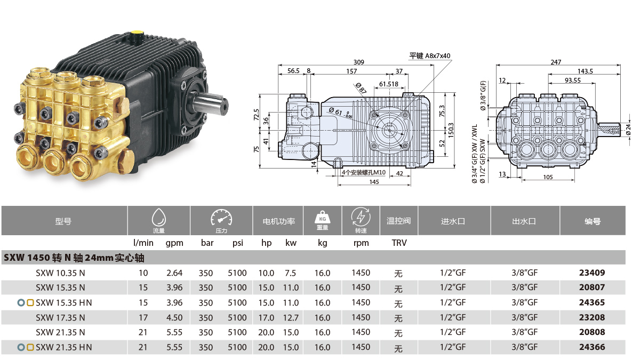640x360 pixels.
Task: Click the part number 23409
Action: pos(592,273)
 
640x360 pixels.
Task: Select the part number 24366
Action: pos(592,347)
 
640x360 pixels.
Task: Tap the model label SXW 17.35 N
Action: pos(60,317)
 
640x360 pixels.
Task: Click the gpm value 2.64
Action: pos(174,273)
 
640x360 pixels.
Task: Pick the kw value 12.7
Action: pos(291,317)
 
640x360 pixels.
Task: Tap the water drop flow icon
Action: pos(159,217)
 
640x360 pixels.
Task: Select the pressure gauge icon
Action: pos(221,217)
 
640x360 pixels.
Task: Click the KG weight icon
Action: pos(322,217)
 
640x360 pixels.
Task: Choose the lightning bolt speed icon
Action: pos(361,217)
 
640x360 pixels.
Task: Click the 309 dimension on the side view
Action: pos(358,62)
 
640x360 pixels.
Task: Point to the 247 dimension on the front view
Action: pos(556,62)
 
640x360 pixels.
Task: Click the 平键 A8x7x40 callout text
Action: pos(430,55)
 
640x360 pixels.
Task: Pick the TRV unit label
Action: pos(399,243)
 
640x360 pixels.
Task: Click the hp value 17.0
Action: pos(266,317)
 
